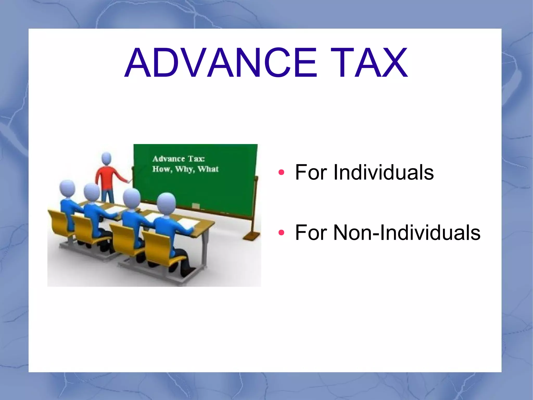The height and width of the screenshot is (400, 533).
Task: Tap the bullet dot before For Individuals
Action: coord(281,172)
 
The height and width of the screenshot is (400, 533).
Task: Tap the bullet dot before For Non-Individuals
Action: coord(281,232)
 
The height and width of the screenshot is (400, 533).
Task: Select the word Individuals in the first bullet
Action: coord(384,172)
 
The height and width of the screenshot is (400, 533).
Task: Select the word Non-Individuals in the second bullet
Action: coord(407,232)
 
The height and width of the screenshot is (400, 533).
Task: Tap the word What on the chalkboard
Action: coord(208,169)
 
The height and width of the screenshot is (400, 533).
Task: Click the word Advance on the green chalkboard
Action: coord(169,159)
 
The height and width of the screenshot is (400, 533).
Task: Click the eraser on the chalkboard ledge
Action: coord(196,206)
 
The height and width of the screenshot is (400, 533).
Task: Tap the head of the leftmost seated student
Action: coord(67,189)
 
